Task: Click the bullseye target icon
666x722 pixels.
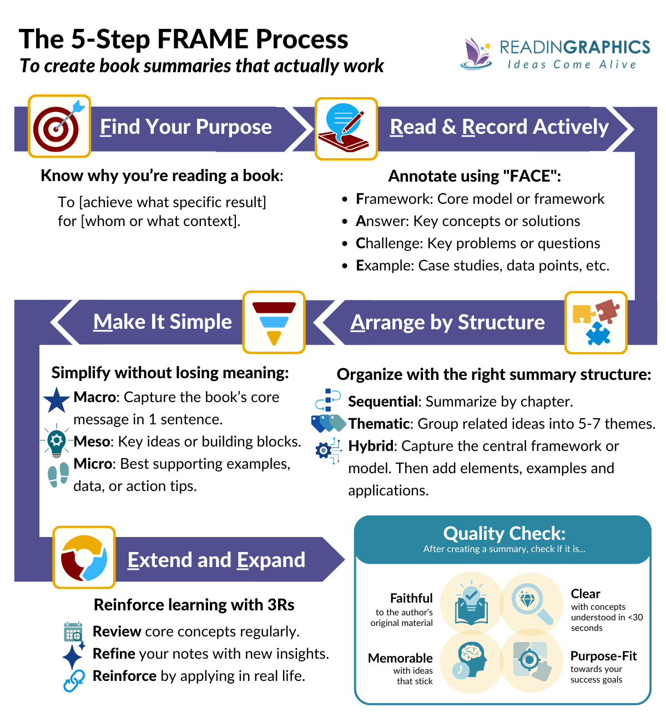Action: click(59, 127)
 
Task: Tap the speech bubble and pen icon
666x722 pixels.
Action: click(346, 129)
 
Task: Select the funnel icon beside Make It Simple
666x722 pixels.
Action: click(274, 322)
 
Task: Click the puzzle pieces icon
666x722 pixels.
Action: click(596, 323)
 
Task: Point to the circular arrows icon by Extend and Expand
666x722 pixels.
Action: click(84, 558)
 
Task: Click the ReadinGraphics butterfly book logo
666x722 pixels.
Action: click(476, 54)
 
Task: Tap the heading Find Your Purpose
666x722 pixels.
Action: click(185, 127)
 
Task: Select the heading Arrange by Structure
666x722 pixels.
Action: click(447, 323)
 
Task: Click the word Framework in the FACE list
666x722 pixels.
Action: click(394, 199)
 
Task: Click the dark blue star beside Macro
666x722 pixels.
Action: click(56, 400)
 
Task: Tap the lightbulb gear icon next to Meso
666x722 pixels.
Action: click(56, 442)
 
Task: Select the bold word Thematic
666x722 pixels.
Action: click(379, 424)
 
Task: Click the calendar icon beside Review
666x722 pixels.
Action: click(73, 632)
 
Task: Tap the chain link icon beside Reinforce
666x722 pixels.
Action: click(74, 680)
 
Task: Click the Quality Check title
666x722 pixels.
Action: click(504, 534)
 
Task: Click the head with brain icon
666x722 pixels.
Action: click(470, 660)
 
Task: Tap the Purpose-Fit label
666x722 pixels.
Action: click(603, 656)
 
